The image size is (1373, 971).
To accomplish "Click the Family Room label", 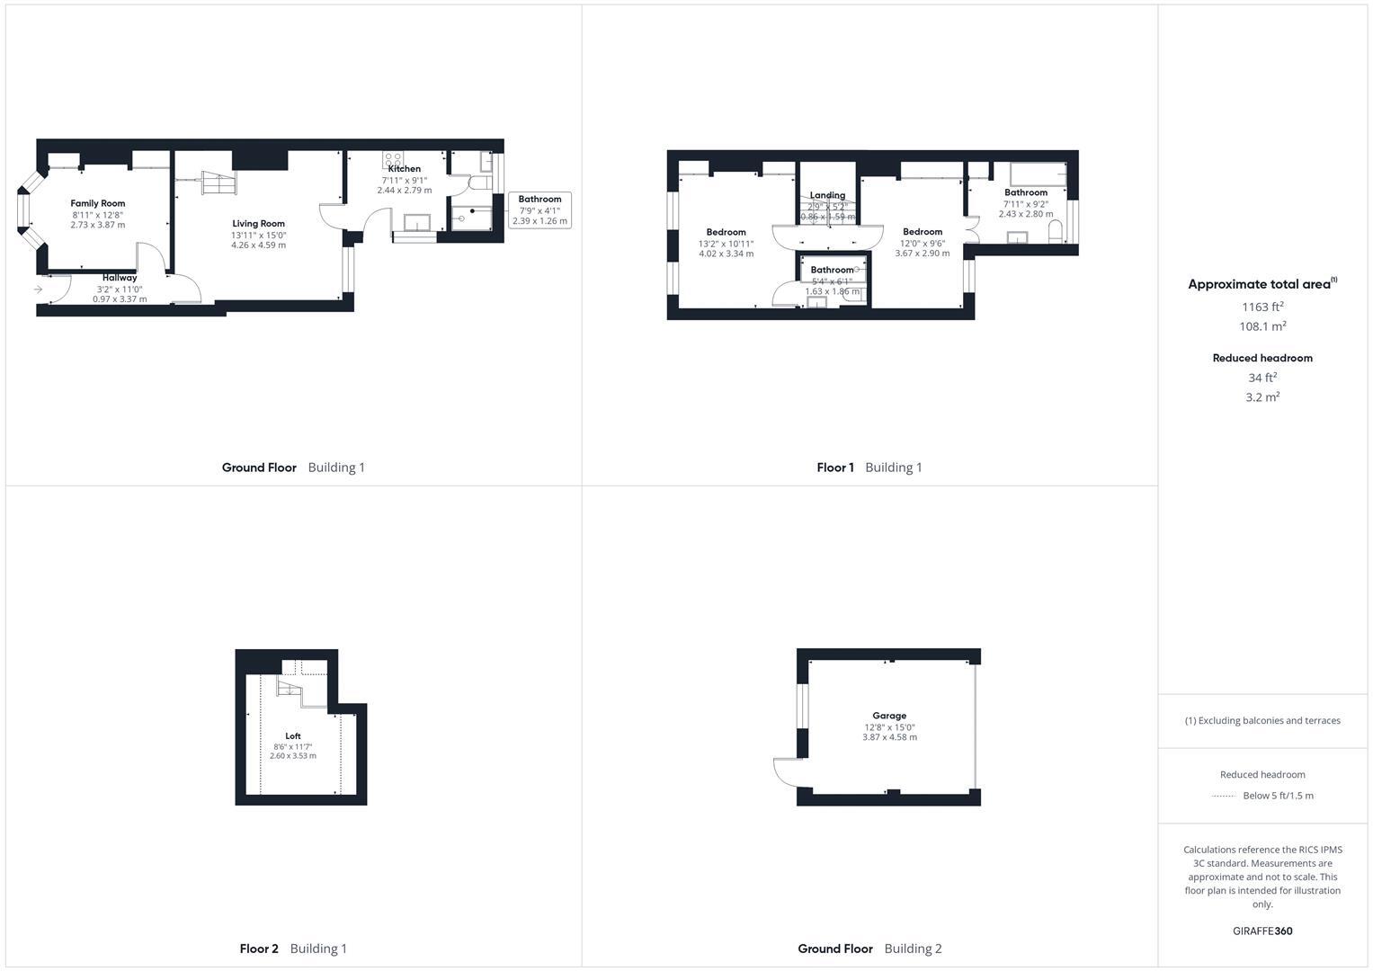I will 98,203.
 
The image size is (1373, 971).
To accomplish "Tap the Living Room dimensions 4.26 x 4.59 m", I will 258,245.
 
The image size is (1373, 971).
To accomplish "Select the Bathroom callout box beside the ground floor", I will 539,210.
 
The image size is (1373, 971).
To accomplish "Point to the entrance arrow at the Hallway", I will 39,289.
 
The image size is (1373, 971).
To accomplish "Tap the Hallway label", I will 120,278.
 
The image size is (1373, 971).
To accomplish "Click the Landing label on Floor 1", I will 827,195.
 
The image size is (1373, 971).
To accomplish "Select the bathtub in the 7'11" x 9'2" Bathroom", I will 1037,174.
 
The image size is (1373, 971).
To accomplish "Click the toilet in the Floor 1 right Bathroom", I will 1056,231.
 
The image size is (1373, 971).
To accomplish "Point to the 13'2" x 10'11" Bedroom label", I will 726,232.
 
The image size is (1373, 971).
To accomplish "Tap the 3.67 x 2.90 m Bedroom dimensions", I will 922,254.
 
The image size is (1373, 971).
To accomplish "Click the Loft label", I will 293,736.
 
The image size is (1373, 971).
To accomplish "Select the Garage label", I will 889,716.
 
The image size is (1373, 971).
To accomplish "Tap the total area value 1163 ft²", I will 1262,307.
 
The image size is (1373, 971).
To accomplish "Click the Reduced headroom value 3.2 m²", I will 1262,397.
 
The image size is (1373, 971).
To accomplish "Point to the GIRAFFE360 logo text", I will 1262,931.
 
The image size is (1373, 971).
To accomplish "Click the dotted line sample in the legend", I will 1224,796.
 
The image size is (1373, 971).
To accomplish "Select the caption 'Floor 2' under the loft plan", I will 259,949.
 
